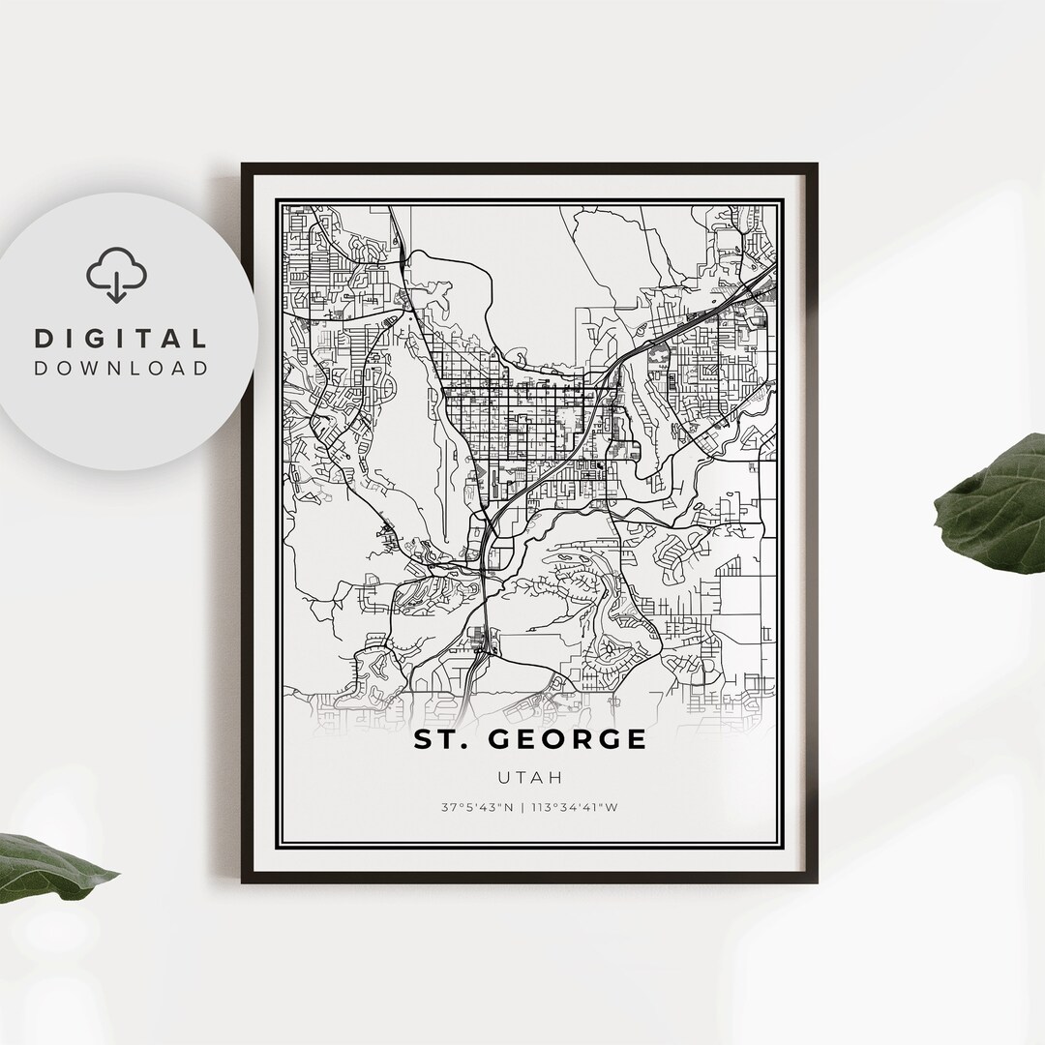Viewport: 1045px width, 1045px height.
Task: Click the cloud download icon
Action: [116, 275]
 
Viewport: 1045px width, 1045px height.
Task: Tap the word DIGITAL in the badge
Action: [121, 339]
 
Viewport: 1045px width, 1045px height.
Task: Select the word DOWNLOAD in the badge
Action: [121, 368]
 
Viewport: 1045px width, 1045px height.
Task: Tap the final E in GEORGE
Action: [636, 739]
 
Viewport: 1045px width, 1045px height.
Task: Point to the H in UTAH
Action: [557, 777]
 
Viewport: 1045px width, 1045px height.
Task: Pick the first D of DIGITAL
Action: [43, 339]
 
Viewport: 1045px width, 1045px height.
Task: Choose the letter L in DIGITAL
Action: [199, 339]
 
